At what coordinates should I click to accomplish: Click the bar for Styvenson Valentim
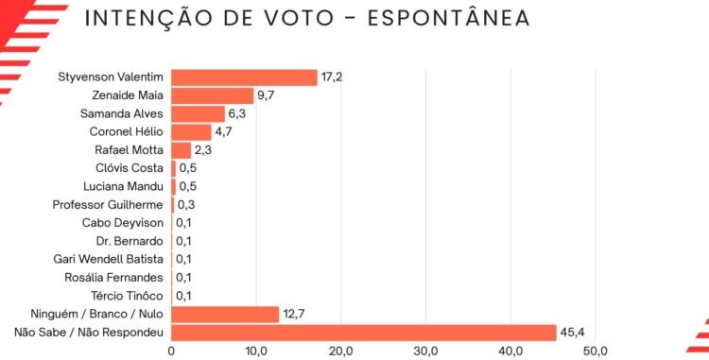pyautogui.click(x=244, y=77)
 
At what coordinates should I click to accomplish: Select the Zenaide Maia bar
pyautogui.click(x=213, y=95)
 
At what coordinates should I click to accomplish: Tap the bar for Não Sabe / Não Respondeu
pyautogui.click(x=364, y=334)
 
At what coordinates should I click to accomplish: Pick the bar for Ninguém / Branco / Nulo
pyautogui.click(x=225, y=315)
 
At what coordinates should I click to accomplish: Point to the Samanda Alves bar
pyautogui.click(x=199, y=113)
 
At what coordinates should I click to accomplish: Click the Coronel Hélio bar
pyautogui.click(x=191, y=132)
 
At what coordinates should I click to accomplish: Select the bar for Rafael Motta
pyautogui.click(x=181, y=150)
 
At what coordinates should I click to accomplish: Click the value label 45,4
pyautogui.click(x=572, y=333)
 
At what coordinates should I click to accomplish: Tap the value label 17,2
pyautogui.click(x=332, y=77)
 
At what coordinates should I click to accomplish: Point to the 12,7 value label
pyautogui.click(x=293, y=314)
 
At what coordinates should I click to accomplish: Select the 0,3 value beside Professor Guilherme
pyautogui.click(x=186, y=205)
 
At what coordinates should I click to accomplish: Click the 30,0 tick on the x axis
pyautogui.click(x=426, y=351)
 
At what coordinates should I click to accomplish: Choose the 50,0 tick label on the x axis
pyautogui.click(x=596, y=351)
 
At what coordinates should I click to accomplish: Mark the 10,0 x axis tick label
pyautogui.click(x=256, y=351)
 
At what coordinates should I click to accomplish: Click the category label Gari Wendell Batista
pyautogui.click(x=108, y=259)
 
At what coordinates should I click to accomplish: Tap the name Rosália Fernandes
pyautogui.click(x=114, y=278)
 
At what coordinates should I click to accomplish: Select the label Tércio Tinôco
pyautogui.click(x=127, y=296)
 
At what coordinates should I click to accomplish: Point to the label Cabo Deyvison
pyautogui.click(x=123, y=223)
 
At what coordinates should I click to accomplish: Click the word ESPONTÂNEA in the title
pyautogui.click(x=448, y=17)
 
